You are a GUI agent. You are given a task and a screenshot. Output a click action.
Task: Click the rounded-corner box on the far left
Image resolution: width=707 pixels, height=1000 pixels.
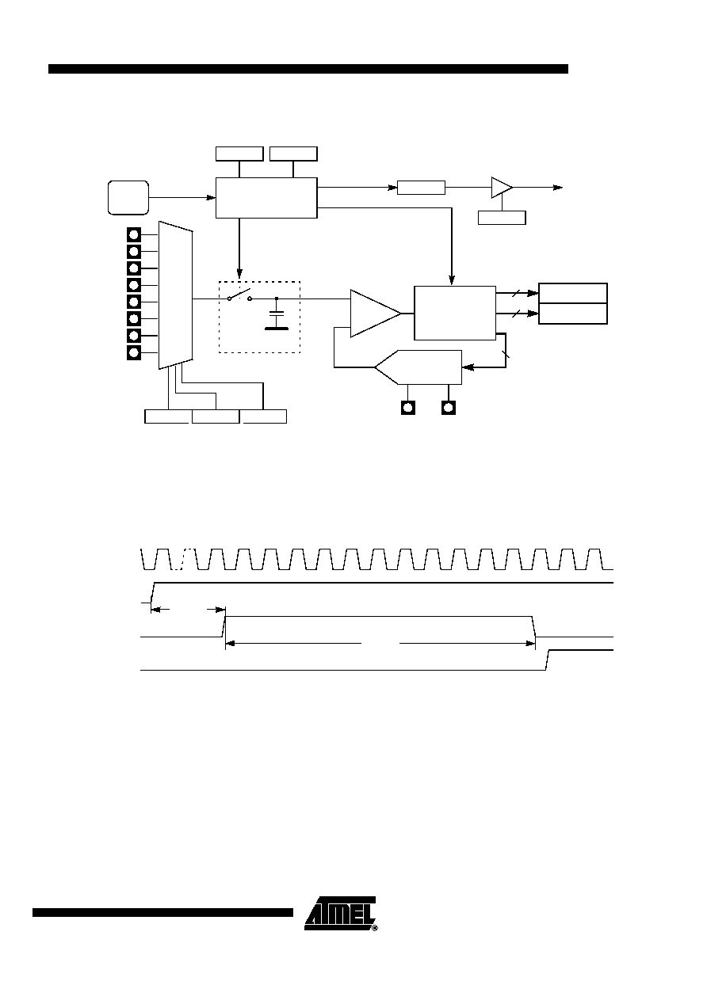point(128,197)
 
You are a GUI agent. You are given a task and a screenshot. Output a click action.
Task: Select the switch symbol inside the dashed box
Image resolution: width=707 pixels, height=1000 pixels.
point(239,295)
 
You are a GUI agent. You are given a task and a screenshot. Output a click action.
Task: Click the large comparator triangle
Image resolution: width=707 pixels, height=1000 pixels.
point(376,314)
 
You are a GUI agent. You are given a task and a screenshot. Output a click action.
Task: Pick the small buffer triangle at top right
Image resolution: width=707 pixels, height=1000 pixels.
point(502,188)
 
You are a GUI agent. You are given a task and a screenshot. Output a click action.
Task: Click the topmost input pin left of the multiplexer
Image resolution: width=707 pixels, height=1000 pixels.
point(134,234)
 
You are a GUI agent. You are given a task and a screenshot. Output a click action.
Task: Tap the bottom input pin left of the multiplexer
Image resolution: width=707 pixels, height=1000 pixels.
point(134,352)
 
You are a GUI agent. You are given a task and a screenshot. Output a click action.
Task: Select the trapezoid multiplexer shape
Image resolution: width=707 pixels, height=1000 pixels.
point(176,295)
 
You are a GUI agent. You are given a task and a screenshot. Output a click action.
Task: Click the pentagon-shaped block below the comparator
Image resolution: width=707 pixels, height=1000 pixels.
point(418,367)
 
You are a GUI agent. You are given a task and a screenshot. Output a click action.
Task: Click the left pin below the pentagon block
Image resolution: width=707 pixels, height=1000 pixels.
point(408,408)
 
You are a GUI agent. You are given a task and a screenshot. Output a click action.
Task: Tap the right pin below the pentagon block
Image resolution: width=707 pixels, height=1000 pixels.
point(449,408)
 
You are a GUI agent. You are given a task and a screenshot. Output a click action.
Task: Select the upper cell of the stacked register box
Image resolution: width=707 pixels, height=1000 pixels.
point(572,293)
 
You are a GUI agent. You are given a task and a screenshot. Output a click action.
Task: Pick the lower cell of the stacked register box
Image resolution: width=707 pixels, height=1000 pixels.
point(572,314)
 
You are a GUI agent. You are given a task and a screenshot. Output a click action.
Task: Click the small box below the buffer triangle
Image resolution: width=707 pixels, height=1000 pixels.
point(502,218)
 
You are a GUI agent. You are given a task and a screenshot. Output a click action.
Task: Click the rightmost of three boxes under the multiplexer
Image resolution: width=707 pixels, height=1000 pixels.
point(263,416)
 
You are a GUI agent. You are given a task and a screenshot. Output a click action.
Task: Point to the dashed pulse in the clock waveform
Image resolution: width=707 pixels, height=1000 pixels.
point(184,559)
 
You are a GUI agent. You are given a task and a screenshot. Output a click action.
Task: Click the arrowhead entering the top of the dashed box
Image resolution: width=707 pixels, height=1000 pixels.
point(239,273)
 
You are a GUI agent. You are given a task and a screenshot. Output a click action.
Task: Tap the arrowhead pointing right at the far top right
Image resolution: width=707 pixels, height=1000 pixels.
point(558,188)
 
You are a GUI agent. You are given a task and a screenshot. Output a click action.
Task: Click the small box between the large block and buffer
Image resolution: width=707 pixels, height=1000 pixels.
point(421,188)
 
